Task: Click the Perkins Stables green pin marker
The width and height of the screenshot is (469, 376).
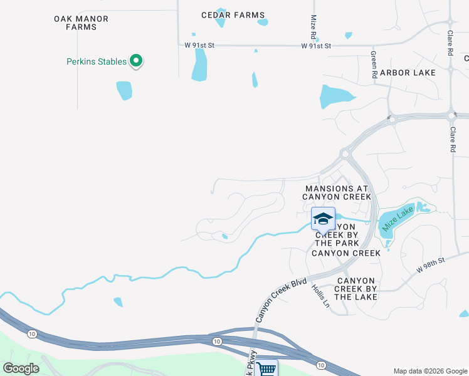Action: pyautogui.click(x=137, y=61)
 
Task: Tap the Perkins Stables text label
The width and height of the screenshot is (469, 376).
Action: pyautogui.click(x=97, y=61)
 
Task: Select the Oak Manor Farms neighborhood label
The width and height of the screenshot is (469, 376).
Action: pyautogui.click(x=81, y=23)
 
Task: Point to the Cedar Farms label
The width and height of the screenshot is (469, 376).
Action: pyautogui.click(x=233, y=15)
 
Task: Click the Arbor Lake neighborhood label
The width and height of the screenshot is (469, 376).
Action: pyautogui.click(x=408, y=73)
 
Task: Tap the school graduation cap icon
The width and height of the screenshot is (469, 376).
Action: pyautogui.click(x=323, y=219)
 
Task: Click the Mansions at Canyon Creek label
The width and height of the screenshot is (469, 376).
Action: pyautogui.click(x=337, y=192)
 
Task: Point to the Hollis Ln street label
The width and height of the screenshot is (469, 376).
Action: pyautogui.click(x=320, y=295)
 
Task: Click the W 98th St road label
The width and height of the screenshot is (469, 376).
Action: pyautogui.click(x=430, y=264)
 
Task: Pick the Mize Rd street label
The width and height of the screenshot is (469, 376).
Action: pyautogui.click(x=313, y=26)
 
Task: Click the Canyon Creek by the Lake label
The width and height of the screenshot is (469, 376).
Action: pyautogui.click(x=356, y=288)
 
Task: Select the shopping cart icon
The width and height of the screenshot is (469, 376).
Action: pyautogui.click(x=266, y=368)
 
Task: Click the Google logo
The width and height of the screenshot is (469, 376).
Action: pyautogui.click(x=21, y=368)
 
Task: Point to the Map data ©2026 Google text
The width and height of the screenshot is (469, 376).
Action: pyautogui.click(x=429, y=371)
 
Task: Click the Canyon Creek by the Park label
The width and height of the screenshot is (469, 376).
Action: pyautogui.click(x=339, y=234)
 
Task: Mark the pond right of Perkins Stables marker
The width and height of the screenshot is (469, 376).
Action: pyautogui.click(x=199, y=65)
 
